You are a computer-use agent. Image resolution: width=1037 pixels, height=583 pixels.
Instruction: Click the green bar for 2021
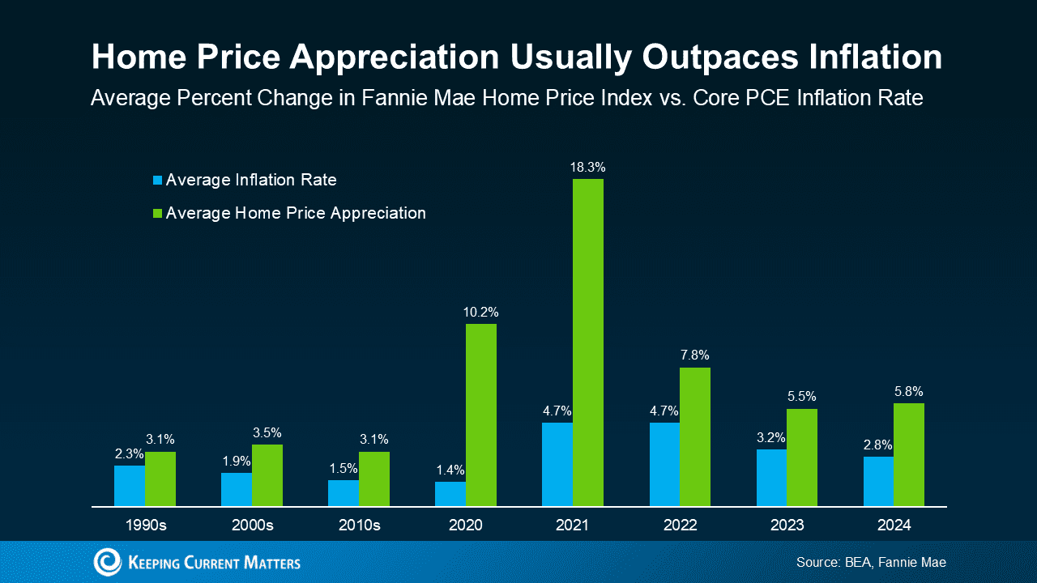pyautogui.click(x=588, y=343)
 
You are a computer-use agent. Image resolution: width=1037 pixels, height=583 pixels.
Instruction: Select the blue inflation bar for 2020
pyautogui.click(x=450, y=494)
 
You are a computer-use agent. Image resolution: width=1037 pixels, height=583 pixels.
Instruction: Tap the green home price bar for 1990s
pyautogui.click(x=160, y=479)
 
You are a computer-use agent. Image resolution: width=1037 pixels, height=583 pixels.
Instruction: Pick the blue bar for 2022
pyautogui.click(x=664, y=464)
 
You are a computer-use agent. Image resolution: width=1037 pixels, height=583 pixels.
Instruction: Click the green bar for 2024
pyautogui.click(x=909, y=454)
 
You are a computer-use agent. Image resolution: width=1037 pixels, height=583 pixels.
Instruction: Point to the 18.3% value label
pyautogui.click(x=588, y=168)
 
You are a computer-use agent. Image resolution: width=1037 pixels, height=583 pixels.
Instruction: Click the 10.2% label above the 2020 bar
pyautogui.click(x=481, y=313)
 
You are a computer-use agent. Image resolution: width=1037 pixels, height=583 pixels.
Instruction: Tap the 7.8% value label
pyautogui.click(x=695, y=355)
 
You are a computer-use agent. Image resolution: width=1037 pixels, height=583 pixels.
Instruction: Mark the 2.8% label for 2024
pyautogui.click(x=877, y=445)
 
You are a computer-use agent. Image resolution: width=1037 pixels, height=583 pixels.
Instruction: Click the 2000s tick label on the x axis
pyautogui.click(x=252, y=525)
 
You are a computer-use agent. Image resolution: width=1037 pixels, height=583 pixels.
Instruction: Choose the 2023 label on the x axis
pyautogui.click(x=787, y=525)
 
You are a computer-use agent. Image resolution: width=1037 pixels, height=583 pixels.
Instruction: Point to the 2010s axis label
pyautogui.click(x=359, y=525)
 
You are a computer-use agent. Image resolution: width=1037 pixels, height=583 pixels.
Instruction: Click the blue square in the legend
pyautogui.click(x=158, y=180)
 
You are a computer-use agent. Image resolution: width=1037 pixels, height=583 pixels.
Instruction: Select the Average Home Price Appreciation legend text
pyautogui.click(x=296, y=213)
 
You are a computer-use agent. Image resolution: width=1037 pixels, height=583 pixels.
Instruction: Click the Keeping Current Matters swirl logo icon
pyautogui.click(x=107, y=562)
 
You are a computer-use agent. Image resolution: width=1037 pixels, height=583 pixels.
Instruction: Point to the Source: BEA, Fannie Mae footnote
pyautogui.click(x=871, y=562)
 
